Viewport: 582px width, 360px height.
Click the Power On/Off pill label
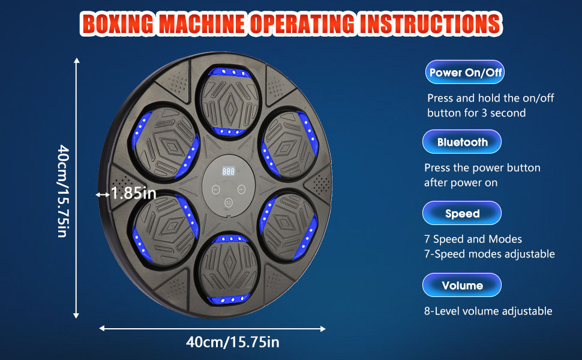coord(465,72)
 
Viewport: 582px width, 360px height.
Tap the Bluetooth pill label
coord(462,142)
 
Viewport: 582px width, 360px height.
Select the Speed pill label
coord(462,213)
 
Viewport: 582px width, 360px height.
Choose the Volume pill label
coord(462,285)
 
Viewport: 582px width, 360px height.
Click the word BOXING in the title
coord(117,24)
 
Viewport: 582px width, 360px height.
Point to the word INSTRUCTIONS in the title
coord(431,24)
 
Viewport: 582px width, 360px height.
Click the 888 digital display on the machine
coord(228,171)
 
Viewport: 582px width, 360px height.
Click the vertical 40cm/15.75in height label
coord(63,191)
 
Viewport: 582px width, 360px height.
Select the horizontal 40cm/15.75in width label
coord(233,342)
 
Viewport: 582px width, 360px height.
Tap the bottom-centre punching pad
coord(229,268)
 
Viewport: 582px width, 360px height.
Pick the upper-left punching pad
coord(166,143)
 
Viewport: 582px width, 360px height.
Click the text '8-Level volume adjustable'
coord(488,311)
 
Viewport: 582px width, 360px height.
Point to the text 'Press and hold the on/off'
coord(490,98)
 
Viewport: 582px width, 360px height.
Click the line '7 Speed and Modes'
coord(473,239)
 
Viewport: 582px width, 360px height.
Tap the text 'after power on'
coord(461,182)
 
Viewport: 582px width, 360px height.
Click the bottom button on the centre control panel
coord(228,203)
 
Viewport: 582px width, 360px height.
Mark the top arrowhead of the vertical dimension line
coord(76,60)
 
